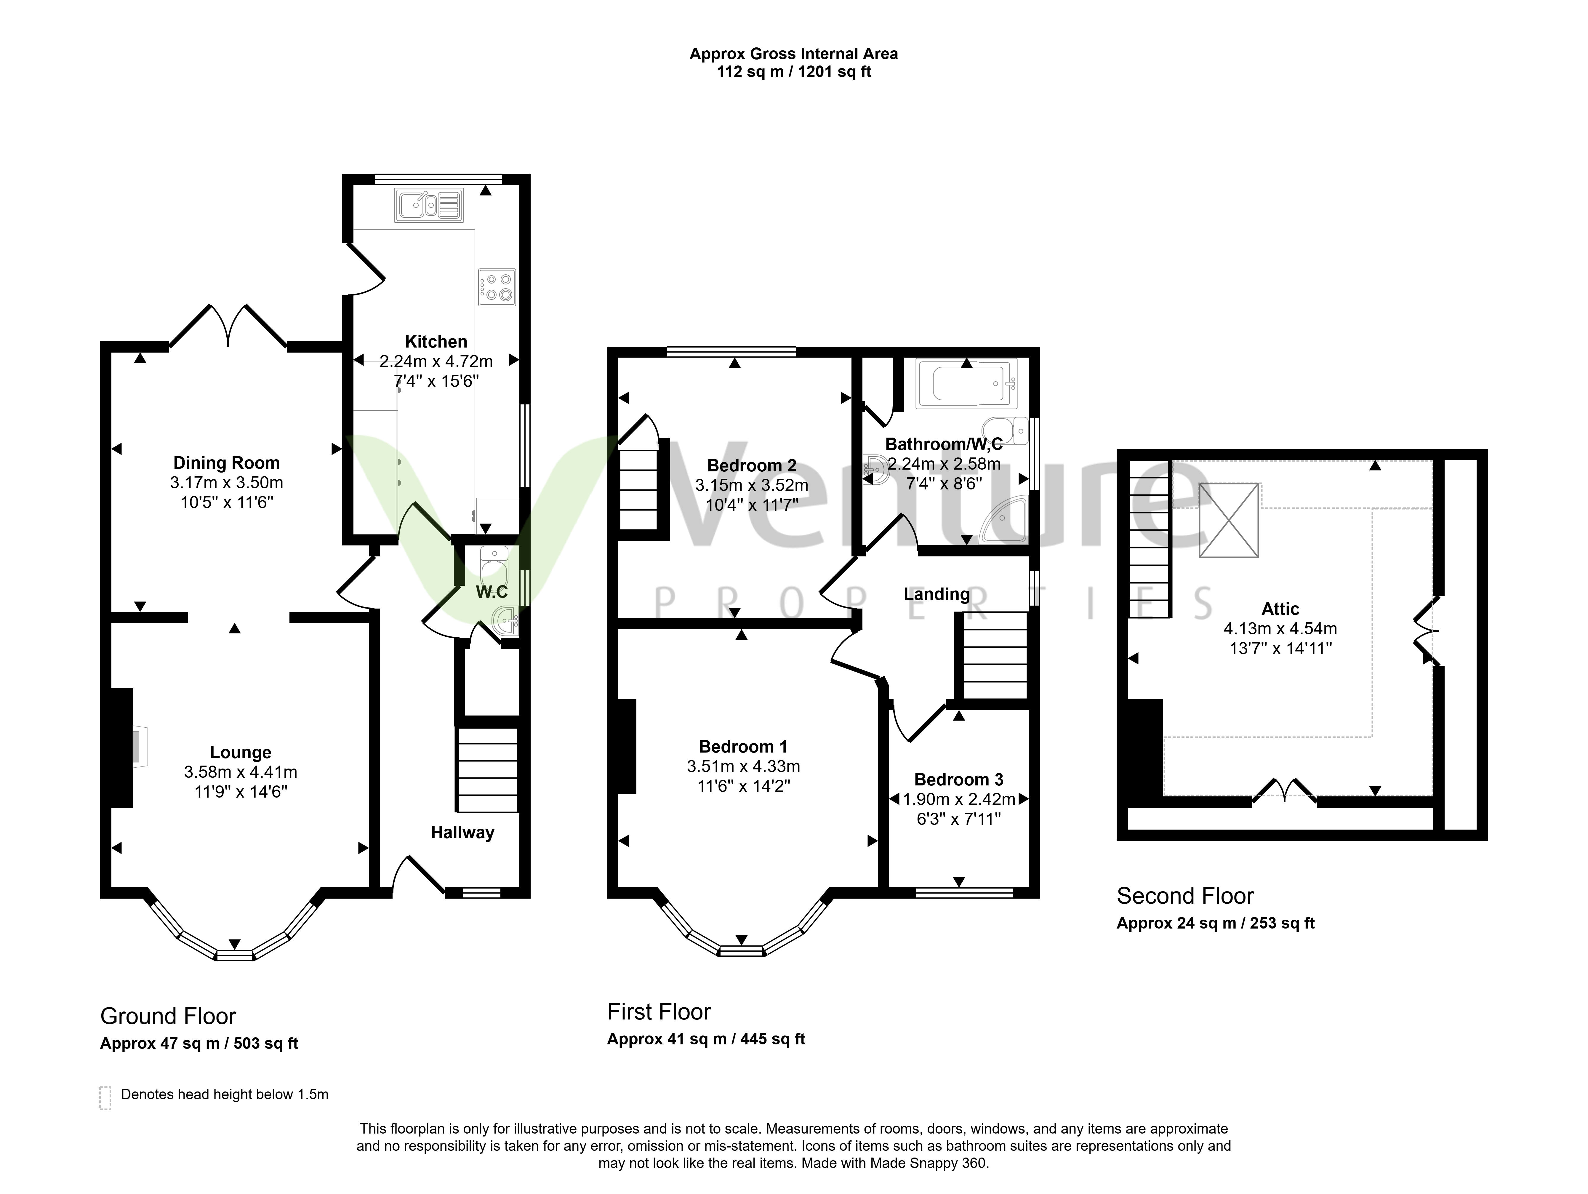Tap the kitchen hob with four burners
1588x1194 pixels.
click(497, 287)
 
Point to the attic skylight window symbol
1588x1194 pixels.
click(1228, 520)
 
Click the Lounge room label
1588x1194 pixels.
click(241, 753)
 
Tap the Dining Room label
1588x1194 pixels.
click(227, 463)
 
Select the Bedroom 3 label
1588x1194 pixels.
click(959, 780)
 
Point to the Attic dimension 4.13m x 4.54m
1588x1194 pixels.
click(1281, 629)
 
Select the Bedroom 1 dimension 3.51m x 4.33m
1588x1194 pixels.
click(744, 767)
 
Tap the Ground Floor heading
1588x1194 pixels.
click(168, 1017)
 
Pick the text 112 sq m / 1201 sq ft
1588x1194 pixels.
click(794, 72)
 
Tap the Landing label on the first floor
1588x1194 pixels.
click(937, 595)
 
